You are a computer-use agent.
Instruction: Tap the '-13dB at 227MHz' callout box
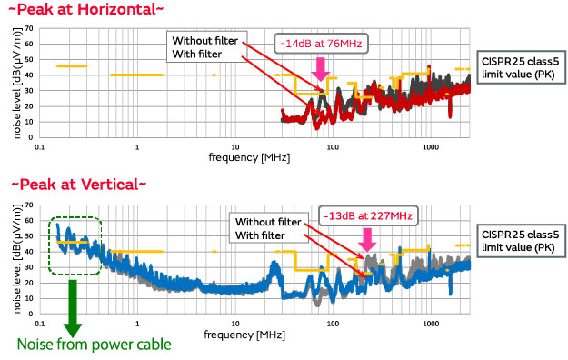[x=366, y=216]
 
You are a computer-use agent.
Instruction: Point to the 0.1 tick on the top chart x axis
[x=40, y=146]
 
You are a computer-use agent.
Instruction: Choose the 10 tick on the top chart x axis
[x=234, y=146]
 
